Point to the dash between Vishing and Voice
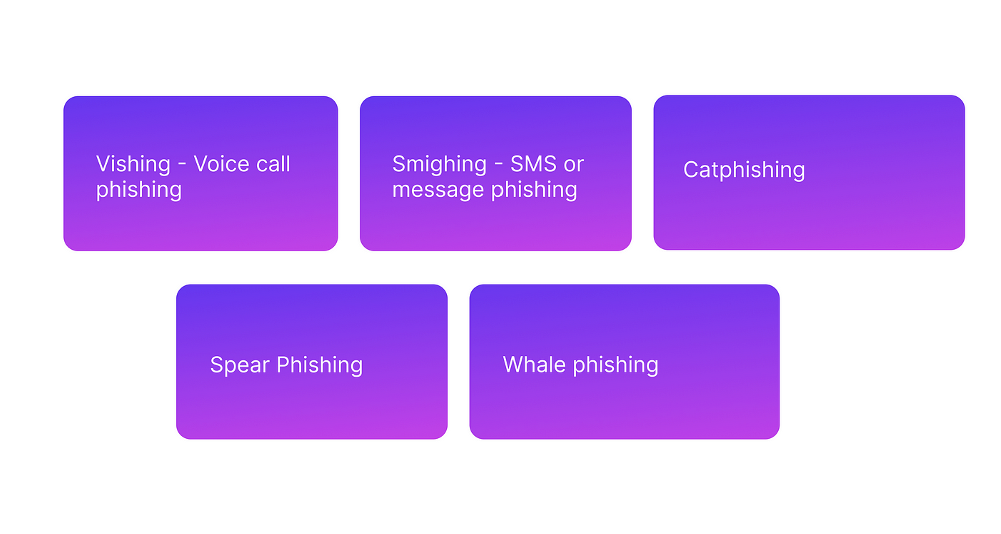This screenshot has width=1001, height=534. [182, 165]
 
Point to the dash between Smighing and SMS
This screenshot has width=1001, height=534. [498, 165]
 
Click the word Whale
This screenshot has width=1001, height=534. [534, 364]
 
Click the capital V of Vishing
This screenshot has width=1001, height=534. [104, 164]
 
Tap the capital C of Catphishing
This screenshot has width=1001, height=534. [691, 170]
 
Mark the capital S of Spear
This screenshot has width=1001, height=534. [217, 365]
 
